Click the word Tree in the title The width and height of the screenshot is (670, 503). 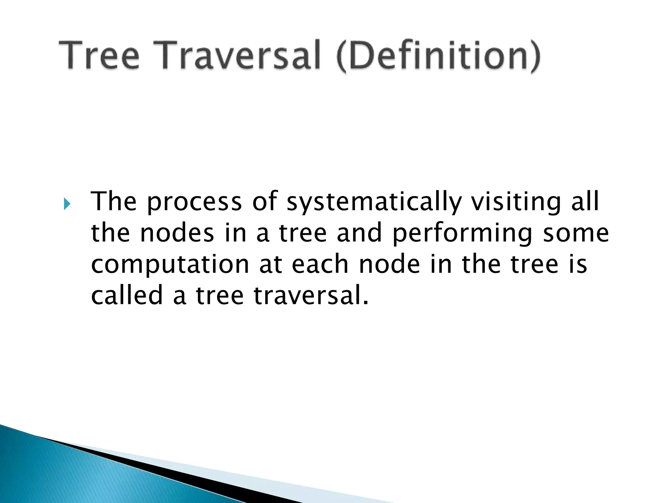pos(99,55)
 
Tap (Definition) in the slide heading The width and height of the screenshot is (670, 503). pos(438,56)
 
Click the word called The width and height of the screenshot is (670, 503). pos(127,295)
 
